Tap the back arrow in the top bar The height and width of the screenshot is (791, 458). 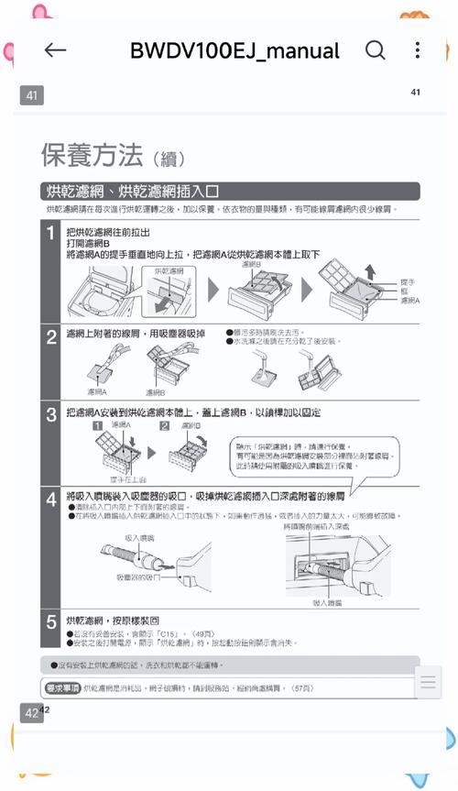56,50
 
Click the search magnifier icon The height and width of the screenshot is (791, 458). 375,49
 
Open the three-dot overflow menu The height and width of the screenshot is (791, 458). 417,49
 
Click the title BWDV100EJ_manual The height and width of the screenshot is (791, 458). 234,50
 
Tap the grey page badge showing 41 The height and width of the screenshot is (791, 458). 31,95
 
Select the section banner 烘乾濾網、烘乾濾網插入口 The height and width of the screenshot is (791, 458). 134,192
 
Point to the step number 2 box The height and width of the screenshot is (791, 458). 51,336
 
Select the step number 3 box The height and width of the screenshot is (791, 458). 51,413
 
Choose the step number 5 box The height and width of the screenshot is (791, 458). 51,622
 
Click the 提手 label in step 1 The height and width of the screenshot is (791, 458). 406,281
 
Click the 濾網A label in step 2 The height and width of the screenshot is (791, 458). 97,391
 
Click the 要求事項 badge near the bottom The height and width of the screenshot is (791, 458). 62,687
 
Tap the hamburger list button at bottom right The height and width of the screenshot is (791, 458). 428,683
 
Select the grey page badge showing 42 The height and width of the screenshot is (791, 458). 31,713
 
